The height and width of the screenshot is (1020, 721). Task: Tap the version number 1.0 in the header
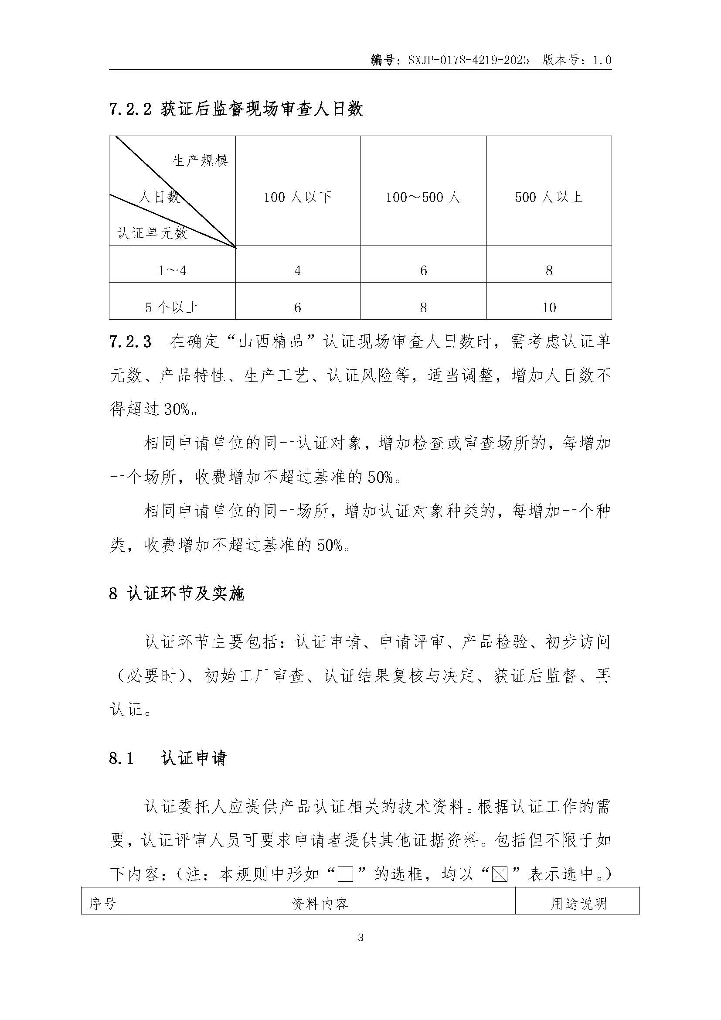pyautogui.click(x=602, y=60)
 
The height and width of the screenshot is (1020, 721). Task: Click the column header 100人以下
pyautogui.click(x=297, y=197)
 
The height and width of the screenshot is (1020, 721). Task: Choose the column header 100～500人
pyautogui.click(x=423, y=197)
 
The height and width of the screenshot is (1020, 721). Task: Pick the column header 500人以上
pyautogui.click(x=549, y=197)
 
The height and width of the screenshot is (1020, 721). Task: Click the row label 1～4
pyautogui.click(x=172, y=270)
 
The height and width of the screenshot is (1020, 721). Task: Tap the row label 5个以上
pyautogui.click(x=172, y=307)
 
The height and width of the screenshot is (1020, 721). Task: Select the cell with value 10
pyautogui.click(x=549, y=307)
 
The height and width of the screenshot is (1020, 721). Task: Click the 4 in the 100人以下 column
pyautogui.click(x=297, y=270)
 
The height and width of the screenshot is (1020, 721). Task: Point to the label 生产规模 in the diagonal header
pyautogui.click(x=200, y=160)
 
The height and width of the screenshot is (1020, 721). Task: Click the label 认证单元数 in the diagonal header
pyautogui.click(x=152, y=233)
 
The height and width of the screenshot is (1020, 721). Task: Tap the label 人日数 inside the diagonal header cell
pyautogui.click(x=159, y=196)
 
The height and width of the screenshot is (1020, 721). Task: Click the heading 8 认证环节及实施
pyautogui.click(x=177, y=594)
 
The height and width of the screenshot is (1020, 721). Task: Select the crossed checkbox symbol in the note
pyautogui.click(x=500, y=875)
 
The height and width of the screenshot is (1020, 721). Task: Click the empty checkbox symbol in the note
pyautogui.click(x=345, y=875)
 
